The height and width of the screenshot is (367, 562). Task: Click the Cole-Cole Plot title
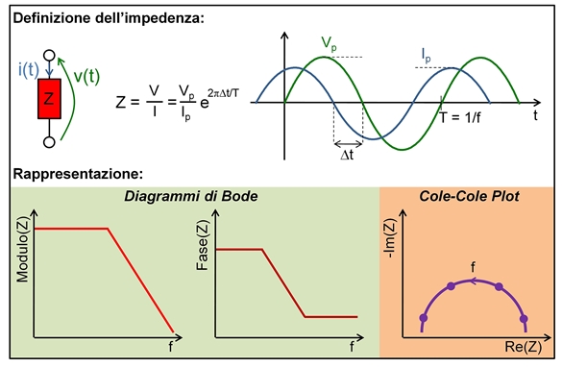(470, 196)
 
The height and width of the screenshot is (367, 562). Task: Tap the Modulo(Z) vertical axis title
(21, 252)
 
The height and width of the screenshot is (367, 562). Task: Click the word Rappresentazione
(78, 174)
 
